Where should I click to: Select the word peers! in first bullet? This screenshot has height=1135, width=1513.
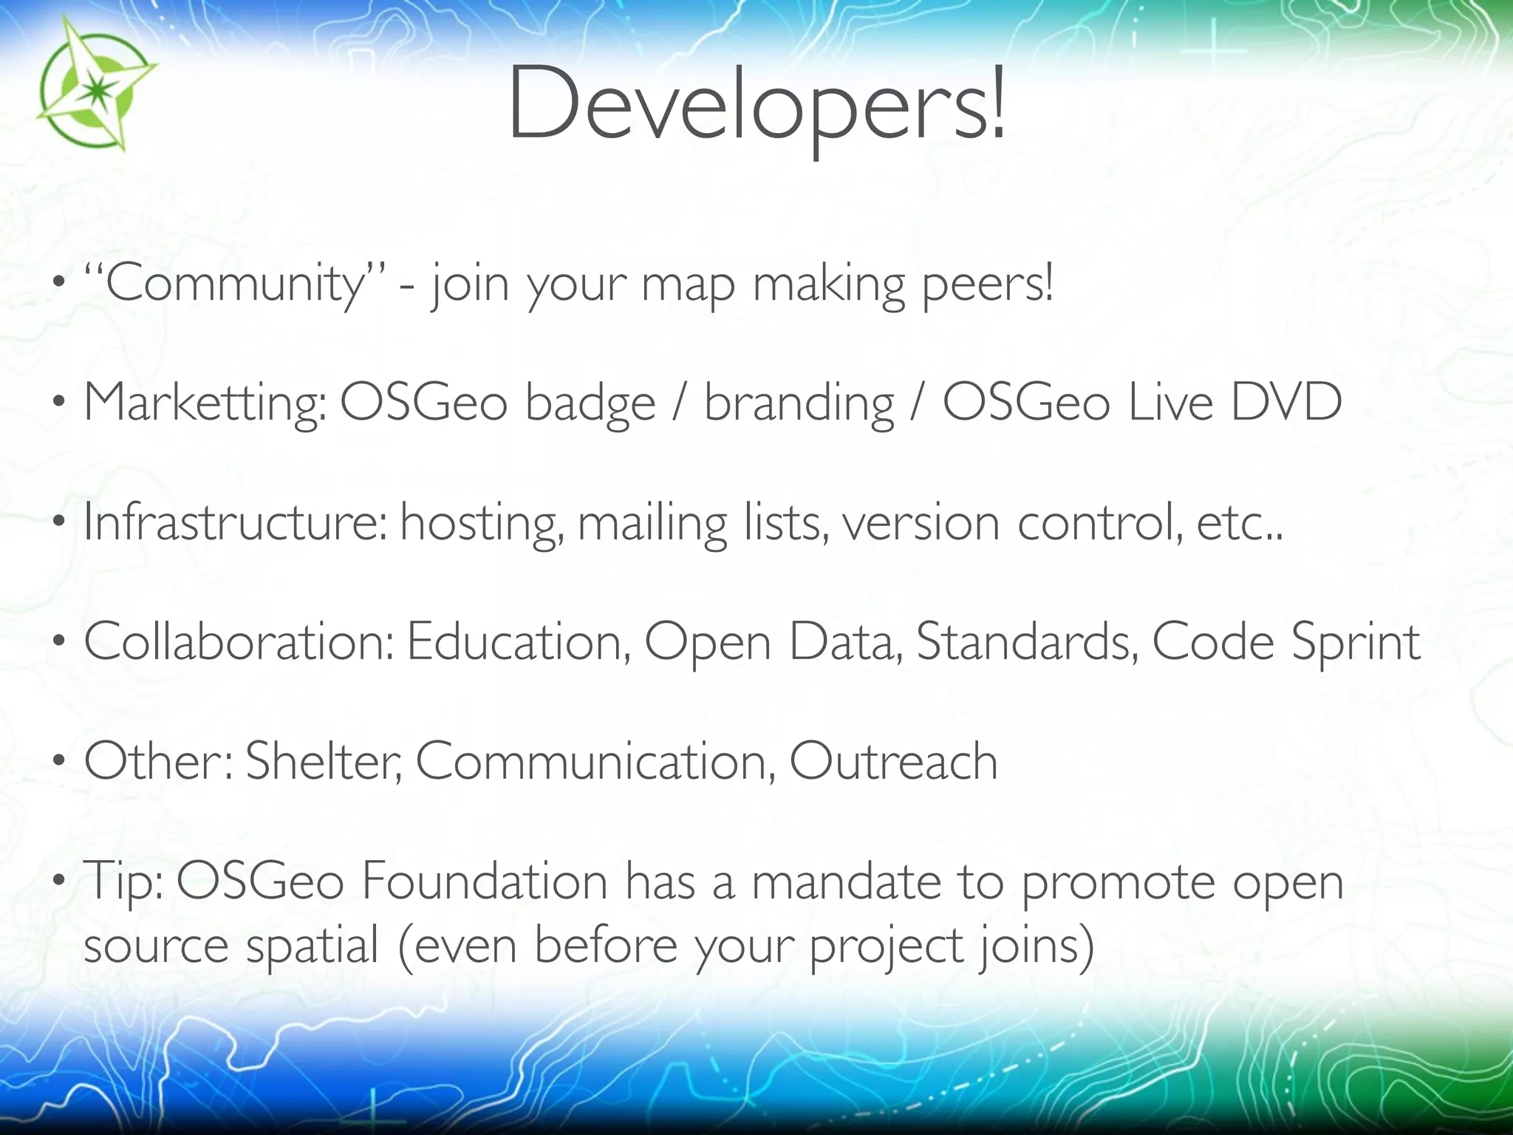987,284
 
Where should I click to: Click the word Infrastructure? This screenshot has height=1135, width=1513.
235,522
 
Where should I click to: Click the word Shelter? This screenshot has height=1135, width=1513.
324,761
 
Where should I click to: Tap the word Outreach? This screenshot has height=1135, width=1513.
893,761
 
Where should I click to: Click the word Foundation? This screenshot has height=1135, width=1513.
484,881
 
